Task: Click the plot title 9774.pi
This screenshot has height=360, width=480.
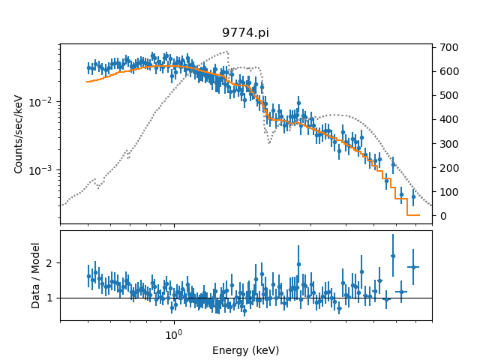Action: pyautogui.click(x=245, y=33)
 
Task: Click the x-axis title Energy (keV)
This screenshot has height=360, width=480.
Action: pyautogui.click(x=245, y=350)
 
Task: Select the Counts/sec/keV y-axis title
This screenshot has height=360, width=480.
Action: pyautogui.click(x=19, y=133)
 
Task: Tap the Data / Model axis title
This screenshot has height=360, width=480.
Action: pyautogui.click(x=35, y=275)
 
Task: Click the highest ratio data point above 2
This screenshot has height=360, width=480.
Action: pyautogui.click(x=393, y=256)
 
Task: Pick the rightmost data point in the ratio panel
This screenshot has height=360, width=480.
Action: pyautogui.click(x=412, y=267)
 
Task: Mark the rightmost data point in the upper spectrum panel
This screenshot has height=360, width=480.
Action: pyautogui.click(x=412, y=197)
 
